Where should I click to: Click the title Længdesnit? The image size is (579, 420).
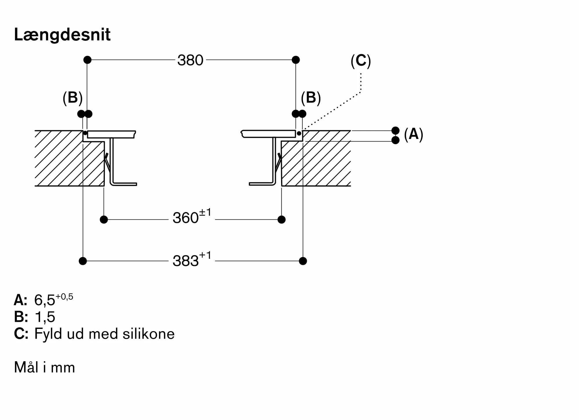[x=62, y=35]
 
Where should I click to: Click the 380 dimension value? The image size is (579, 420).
[x=190, y=60]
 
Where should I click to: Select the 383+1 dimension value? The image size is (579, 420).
[x=192, y=260]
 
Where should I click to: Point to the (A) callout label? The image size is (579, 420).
[x=413, y=134]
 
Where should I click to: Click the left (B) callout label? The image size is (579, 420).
[x=72, y=98]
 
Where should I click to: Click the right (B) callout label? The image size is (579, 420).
[x=311, y=98]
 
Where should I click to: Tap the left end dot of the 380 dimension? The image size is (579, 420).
[x=87, y=60]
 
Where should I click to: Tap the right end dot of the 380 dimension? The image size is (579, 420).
[x=296, y=60]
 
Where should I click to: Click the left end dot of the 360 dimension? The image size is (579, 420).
[x=104, y=219]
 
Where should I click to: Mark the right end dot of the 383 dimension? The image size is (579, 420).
[x=303, y=261]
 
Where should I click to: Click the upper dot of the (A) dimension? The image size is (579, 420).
[x=395, y=131]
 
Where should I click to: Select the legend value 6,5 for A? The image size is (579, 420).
[x=45, y=300]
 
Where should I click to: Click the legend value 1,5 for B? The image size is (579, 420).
[x=45, y=317]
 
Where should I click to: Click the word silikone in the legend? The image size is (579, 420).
[x=149, y=334]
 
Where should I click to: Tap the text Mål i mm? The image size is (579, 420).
[x=45, y=367]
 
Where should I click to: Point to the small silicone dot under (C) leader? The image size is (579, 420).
[x=299, y=133]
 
